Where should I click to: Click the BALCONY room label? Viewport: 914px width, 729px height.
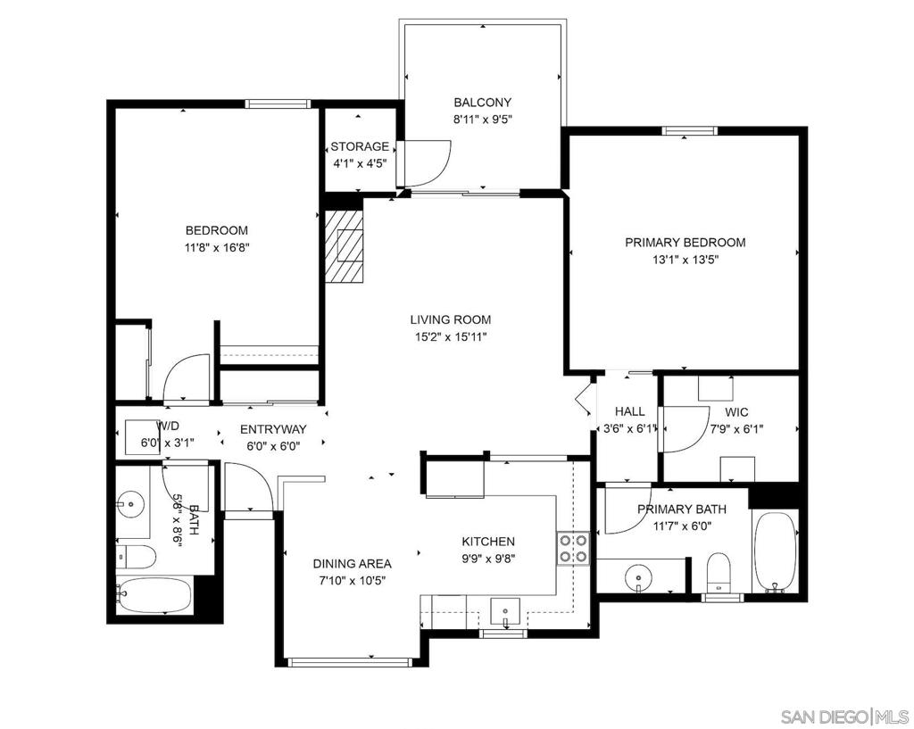[482, 103]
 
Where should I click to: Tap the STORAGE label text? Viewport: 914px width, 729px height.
[360, 147]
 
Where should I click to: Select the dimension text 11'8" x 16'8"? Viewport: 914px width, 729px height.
[216, 248]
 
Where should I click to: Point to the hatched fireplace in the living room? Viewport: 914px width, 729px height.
[344, 246]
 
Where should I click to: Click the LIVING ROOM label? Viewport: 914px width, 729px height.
[451, 319]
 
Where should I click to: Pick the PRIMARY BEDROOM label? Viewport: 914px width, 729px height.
[685, 243]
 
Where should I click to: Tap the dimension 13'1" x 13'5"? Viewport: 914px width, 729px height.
[685, 260]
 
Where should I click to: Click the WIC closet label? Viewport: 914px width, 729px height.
[736, 412]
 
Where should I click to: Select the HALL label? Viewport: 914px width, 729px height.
[629, 412]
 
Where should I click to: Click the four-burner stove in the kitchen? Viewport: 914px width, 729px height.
[574, 549]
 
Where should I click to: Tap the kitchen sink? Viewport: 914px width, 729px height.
[505, 612]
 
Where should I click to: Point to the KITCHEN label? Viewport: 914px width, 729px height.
[488, 542]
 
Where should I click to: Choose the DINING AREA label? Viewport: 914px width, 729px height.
[352, 564]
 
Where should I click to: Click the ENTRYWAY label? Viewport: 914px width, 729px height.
[273, 429]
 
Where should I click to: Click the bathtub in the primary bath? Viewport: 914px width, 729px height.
[776, 551]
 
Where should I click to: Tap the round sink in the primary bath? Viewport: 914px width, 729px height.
[639, 577]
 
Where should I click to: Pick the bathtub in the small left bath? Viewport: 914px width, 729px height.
[154, 595]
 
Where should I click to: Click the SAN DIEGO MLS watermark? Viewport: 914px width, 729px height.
[844, 716]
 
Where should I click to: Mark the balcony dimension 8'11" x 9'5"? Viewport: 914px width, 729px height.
[482, 120]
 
